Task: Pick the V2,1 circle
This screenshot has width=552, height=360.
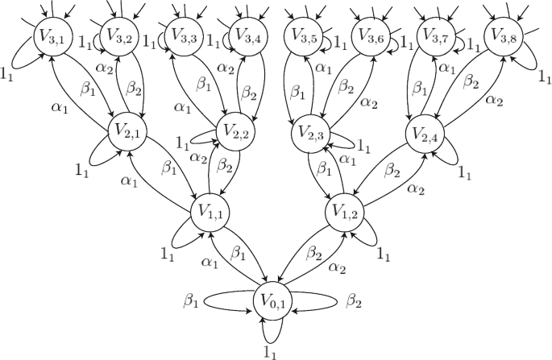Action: point(127,130)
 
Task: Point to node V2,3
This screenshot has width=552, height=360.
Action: point(309,130)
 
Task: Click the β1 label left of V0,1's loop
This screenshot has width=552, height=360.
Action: point(190,300)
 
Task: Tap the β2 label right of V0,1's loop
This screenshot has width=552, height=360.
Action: point(354,300)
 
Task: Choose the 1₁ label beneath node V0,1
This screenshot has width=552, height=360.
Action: point(270,350)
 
